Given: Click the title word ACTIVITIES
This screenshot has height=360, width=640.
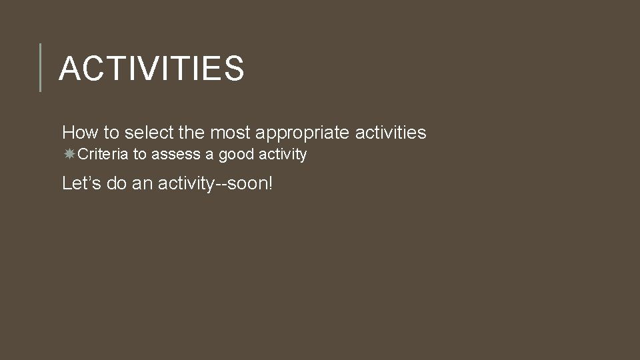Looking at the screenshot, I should click(151, 68).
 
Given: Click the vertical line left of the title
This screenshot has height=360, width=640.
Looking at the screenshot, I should click(41, 67).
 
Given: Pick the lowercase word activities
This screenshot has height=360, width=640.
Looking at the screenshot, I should click(391, 133).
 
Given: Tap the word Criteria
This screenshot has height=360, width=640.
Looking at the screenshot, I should click(103, 155).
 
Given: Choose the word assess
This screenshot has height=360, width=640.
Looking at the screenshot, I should click(174, 155).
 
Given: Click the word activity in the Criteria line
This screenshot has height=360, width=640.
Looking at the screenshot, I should click(282, 155).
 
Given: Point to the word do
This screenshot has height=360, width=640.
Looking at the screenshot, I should click(116, 183).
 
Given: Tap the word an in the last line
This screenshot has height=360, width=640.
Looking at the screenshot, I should click(142, 183).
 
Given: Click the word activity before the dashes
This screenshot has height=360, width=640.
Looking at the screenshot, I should click(186, 183).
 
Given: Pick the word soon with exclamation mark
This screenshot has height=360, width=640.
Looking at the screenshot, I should click(251, 183).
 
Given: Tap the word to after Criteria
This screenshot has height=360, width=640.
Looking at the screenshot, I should click(139, 155).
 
